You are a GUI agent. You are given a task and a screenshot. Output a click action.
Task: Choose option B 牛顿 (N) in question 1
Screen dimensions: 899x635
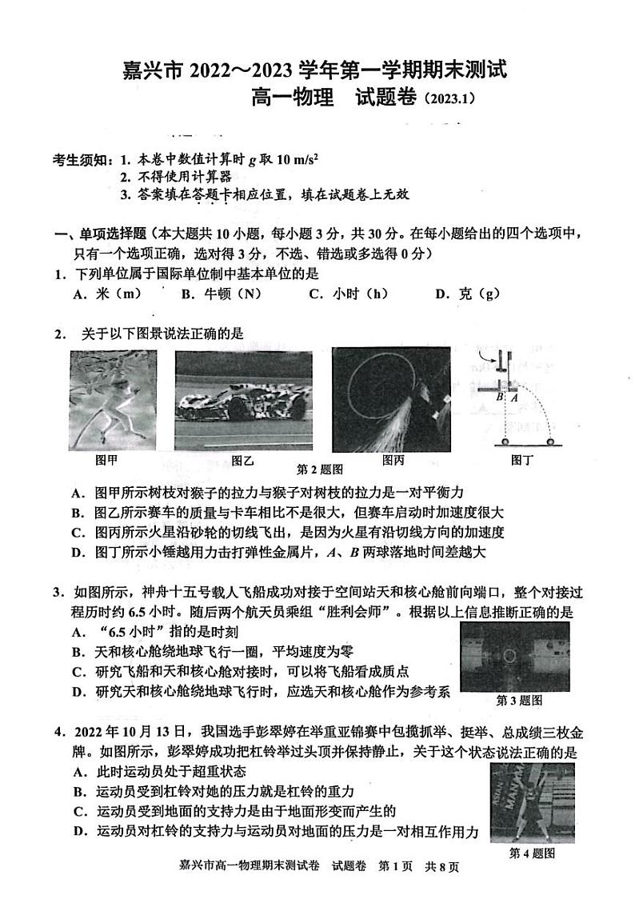(221, 294)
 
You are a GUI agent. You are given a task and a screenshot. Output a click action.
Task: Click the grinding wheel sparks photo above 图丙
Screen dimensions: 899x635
(391, 398)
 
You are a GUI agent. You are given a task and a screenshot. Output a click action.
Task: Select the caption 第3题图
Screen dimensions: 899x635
(519, 700)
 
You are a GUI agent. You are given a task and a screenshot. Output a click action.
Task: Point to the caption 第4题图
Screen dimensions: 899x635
(532, 853)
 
